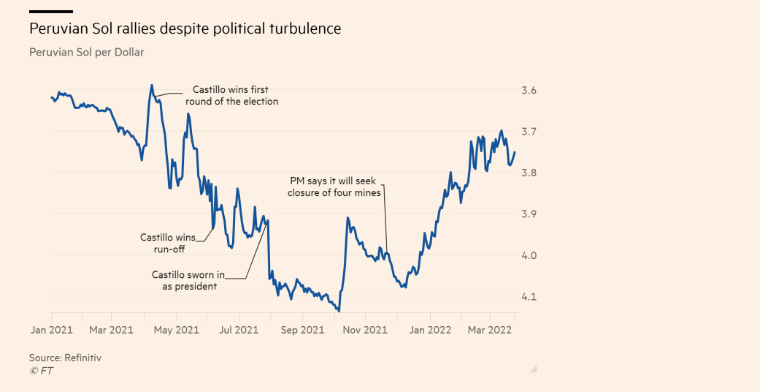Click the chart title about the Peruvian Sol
[x=185, y=29]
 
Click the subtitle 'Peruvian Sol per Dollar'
[x=86, y=53]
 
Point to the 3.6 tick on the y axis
[x=528, y=90]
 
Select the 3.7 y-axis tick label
[x=528, y=132]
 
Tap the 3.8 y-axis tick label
[x=528, y=173]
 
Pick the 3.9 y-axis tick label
[x=528, y=214]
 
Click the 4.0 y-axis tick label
[x=528, y=255]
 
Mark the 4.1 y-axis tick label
[x=528, y=297]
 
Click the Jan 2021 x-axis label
[x=51, y=330]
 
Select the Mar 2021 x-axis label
[x=111, y=330]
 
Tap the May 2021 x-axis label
[x=176, y=330]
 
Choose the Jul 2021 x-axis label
[x=239, y=330]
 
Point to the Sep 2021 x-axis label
[x=302, y=330]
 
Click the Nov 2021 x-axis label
[x=365, y=330]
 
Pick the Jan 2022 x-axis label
[x=429, y=330]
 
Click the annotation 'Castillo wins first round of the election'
[x=231, y=96]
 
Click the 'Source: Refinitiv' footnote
[x=65, y=358]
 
